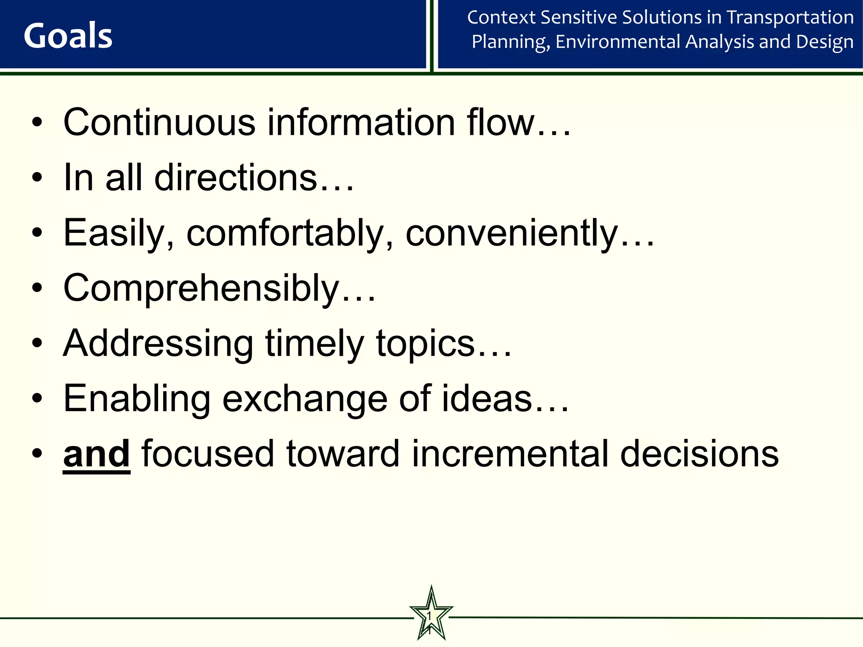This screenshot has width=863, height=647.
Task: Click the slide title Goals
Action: coord(68,36)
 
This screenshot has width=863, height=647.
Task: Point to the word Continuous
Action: coord(159,123)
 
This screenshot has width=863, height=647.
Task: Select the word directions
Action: coord(236,178)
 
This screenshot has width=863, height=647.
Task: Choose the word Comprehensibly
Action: coord(201,289)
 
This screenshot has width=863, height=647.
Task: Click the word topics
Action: coord(426,344)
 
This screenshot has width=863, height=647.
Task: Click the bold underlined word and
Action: coord(96,454)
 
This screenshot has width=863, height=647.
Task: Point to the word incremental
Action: coord(510,454)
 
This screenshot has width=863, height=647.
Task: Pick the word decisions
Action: coord(700,454)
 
